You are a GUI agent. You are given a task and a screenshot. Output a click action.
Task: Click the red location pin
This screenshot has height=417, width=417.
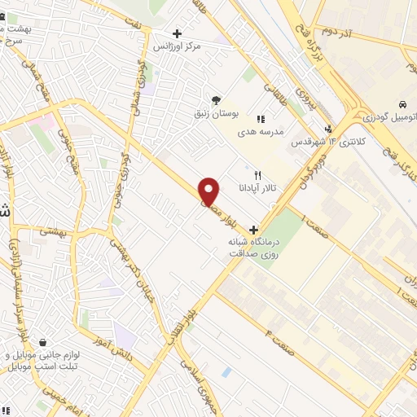(209, 191)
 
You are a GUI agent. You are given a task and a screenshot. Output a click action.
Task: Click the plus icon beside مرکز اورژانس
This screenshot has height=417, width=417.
(178, 34)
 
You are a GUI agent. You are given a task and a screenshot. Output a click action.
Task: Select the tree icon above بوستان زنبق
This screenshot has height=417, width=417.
(216, 99)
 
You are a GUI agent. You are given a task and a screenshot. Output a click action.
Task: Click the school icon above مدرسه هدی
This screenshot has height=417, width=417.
(260, 120)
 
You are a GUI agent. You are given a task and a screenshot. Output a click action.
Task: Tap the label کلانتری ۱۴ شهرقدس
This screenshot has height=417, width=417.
(330, 143)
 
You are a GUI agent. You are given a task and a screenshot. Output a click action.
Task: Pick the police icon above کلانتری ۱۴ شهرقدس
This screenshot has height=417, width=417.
(328, 129)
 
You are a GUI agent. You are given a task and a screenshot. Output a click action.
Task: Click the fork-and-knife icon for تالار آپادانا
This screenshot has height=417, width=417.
(258, 175)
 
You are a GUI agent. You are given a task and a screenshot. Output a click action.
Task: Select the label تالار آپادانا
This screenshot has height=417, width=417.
(258, 187)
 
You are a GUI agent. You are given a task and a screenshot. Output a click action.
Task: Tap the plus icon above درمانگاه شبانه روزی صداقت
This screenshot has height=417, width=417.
(254, 229)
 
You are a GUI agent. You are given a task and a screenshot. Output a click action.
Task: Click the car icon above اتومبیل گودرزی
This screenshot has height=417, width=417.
(402, 105)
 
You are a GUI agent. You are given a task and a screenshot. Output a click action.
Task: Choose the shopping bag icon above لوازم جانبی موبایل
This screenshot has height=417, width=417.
(42, 342)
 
